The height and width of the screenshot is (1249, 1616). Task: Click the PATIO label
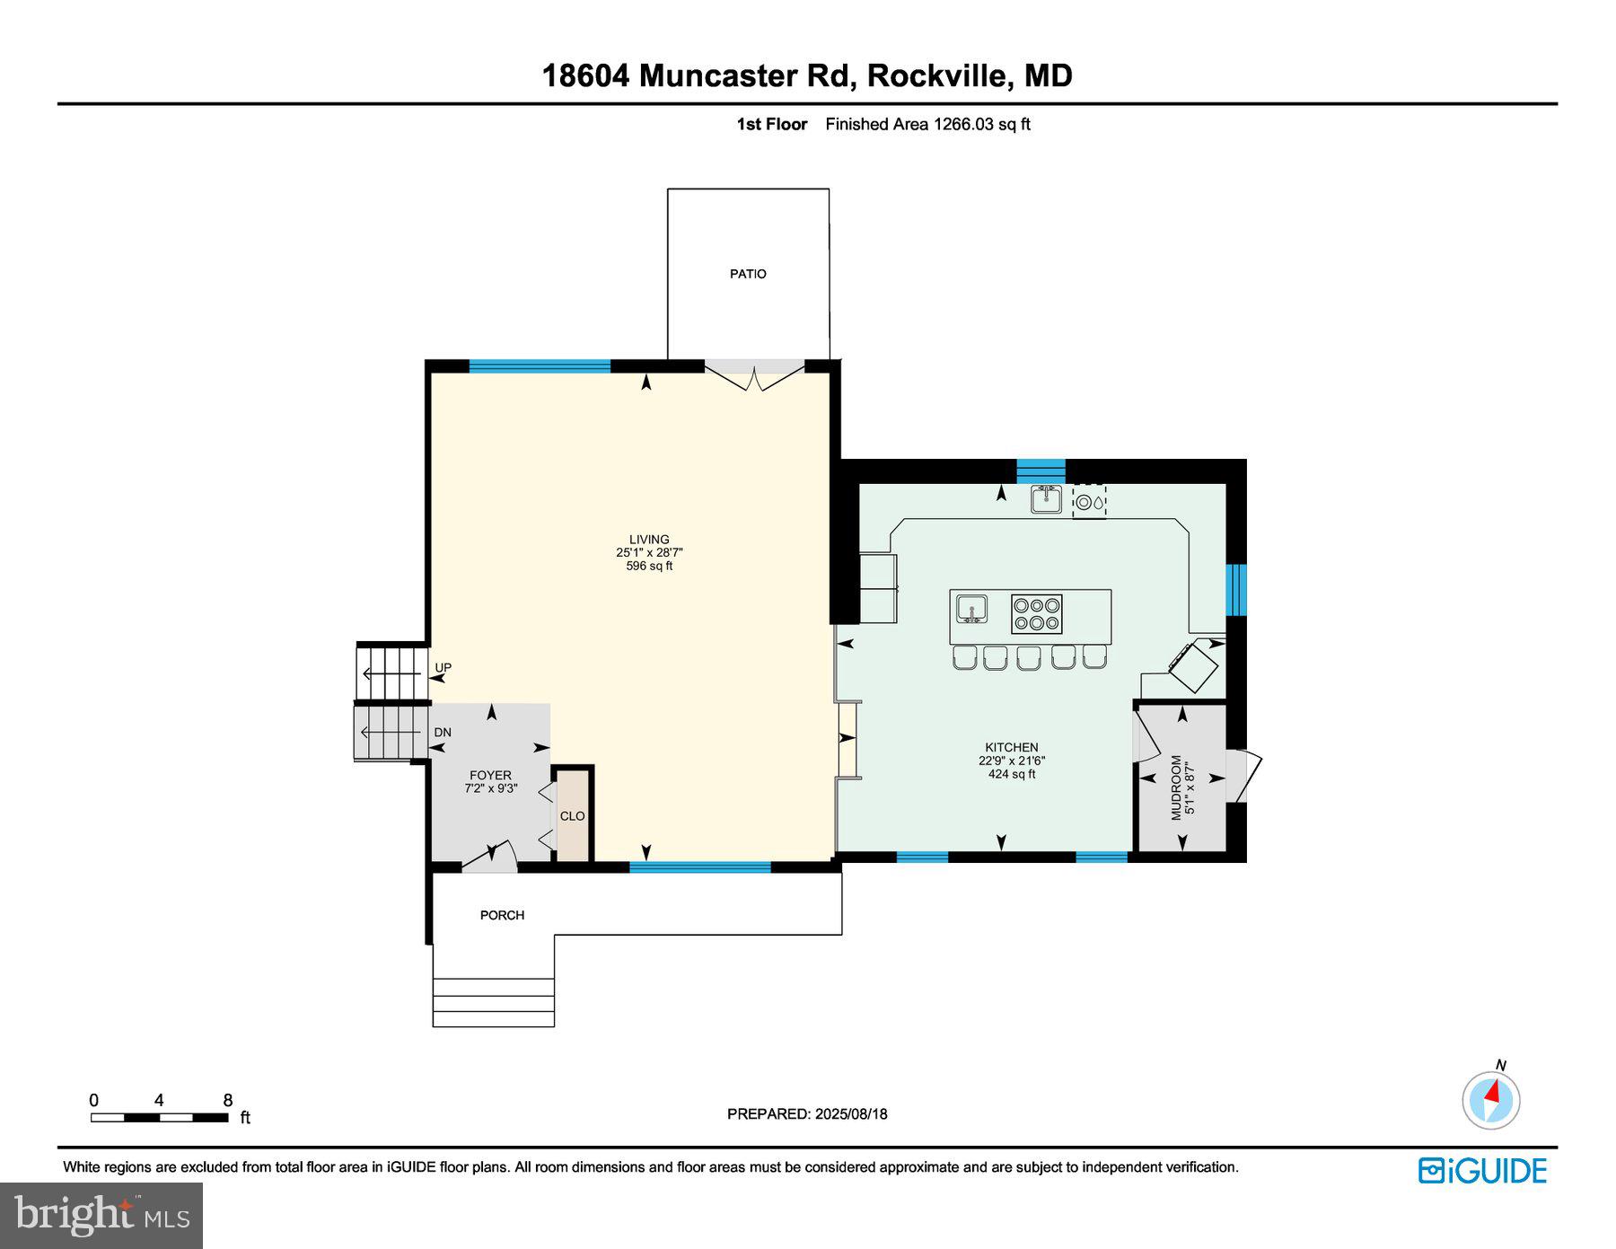747,274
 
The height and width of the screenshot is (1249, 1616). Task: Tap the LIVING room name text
649,540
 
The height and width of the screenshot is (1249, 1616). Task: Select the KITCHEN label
1011,747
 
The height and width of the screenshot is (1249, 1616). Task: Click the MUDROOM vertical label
1177,787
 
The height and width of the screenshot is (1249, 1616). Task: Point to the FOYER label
490,775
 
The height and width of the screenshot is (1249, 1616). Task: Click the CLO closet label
572,816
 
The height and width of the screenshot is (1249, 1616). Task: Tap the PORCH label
502,915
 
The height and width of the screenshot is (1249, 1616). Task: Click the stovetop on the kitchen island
1037,614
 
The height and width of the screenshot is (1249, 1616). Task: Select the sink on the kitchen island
970,609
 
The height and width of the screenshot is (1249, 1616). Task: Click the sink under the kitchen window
1046,499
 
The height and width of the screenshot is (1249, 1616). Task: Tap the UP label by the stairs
444,668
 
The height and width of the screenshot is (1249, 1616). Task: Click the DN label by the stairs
443,733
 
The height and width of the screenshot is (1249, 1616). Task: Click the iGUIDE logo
1482,1171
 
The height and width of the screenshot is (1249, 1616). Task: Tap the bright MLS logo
101,1216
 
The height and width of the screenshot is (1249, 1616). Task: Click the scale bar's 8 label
227,1101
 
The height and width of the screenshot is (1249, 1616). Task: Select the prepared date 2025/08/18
850,1113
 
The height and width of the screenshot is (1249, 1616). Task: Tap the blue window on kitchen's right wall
1236,590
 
